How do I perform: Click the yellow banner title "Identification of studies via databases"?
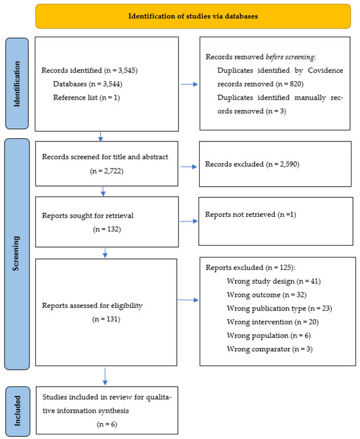click(193, 16)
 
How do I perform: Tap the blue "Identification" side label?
click(17, 84)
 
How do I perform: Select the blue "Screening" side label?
click(16, 254)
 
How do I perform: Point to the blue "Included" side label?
click(17, 411)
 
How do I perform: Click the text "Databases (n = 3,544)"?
click(88, 84)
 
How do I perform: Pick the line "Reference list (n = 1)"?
click(86, 98)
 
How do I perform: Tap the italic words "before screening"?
click(290, 57)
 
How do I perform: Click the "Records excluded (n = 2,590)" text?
click(252, 164)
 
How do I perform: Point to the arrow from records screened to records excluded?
click(189, 167)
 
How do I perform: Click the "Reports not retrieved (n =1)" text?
click(250, 214)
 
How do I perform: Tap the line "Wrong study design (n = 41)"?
click(274, 281)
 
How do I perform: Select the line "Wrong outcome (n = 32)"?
click(266, 295)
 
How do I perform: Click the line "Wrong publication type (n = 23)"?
click(279, 309)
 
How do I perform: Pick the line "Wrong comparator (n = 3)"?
click(270, 349)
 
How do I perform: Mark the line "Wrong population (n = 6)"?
click(269, 335)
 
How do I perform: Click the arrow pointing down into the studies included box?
click(105, 376)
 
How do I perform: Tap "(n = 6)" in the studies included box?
click(107, 424)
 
